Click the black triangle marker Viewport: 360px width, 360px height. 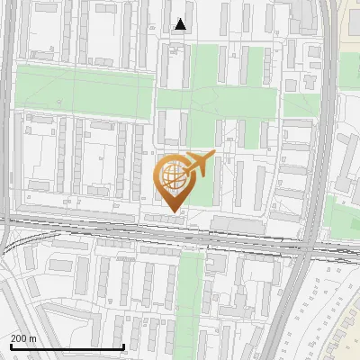click(181, 24)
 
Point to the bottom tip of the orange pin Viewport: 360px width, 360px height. click(171, 212)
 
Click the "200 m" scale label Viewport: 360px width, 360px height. click(23, 338)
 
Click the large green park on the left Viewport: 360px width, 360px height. click(85, 90)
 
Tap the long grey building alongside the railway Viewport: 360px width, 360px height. click(238, 222)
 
